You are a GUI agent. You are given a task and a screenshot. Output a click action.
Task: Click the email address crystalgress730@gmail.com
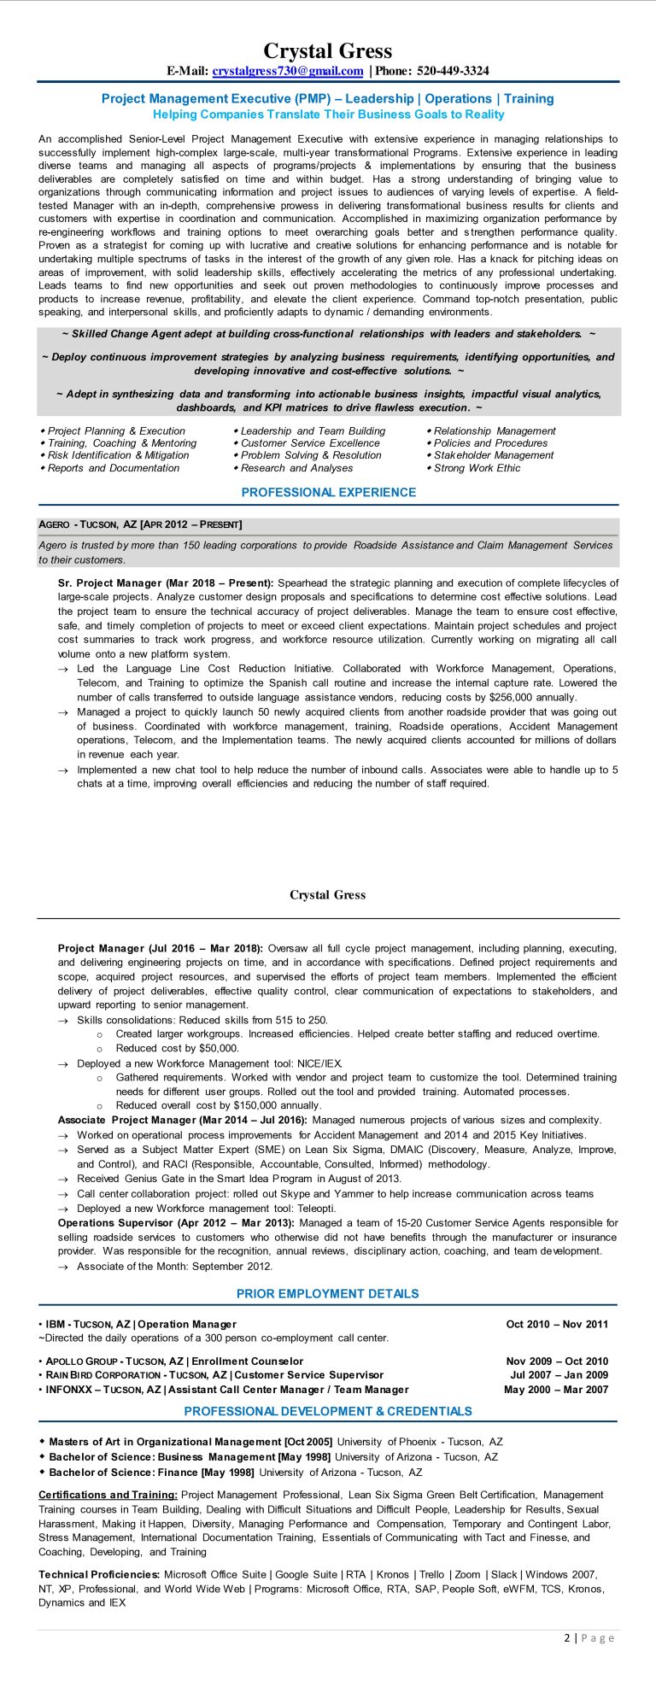coord(288,71)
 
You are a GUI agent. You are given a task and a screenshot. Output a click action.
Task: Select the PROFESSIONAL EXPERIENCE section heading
coord(328,492)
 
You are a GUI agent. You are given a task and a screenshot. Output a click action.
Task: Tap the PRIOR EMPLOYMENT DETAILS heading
coord(328,1293)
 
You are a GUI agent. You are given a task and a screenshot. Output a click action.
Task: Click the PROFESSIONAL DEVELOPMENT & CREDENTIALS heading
coord(328,1411)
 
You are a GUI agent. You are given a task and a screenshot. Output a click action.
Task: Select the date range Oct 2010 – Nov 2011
coord(557,1324)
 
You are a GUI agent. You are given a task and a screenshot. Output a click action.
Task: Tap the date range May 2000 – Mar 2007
coord(555,1390)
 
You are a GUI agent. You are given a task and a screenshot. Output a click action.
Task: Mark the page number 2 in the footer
coord(567,1637)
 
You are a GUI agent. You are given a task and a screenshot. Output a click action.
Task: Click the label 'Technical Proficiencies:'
coord(99,1574)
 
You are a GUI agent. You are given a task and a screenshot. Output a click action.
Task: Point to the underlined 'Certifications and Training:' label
coord(108,1495)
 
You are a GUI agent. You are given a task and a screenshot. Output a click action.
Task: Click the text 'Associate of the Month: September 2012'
coord(175,1267)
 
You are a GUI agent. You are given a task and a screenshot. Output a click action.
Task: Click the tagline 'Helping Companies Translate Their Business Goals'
coord(328,114)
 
